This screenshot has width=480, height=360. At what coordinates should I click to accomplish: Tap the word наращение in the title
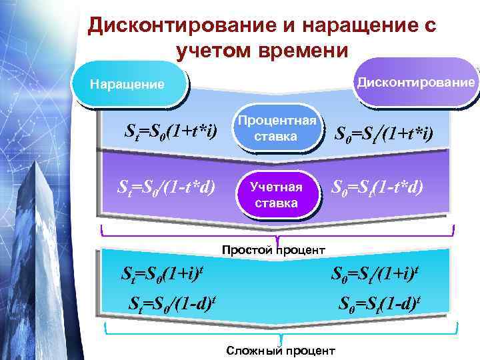[357, 26]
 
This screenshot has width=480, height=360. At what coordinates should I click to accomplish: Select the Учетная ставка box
[276, 195]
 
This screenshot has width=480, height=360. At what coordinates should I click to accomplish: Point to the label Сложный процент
[281, 351]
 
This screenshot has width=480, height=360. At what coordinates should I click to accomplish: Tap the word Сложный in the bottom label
[250, 351]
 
